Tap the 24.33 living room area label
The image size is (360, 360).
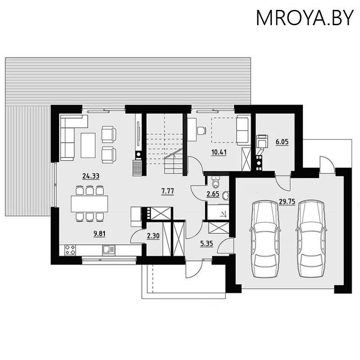[88, 176]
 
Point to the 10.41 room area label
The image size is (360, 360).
[219, 152]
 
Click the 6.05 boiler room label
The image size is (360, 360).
[282, 142]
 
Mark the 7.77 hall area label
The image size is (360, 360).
[167, 191]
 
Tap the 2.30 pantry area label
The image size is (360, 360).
[153, 235]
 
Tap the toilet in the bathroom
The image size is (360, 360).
[216, 182]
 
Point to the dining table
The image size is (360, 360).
[89, 203]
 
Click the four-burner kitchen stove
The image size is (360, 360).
[70, 250]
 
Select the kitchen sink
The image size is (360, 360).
[108, 250]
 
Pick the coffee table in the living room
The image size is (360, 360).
[88, 144]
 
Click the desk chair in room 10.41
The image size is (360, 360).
[201, 130]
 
